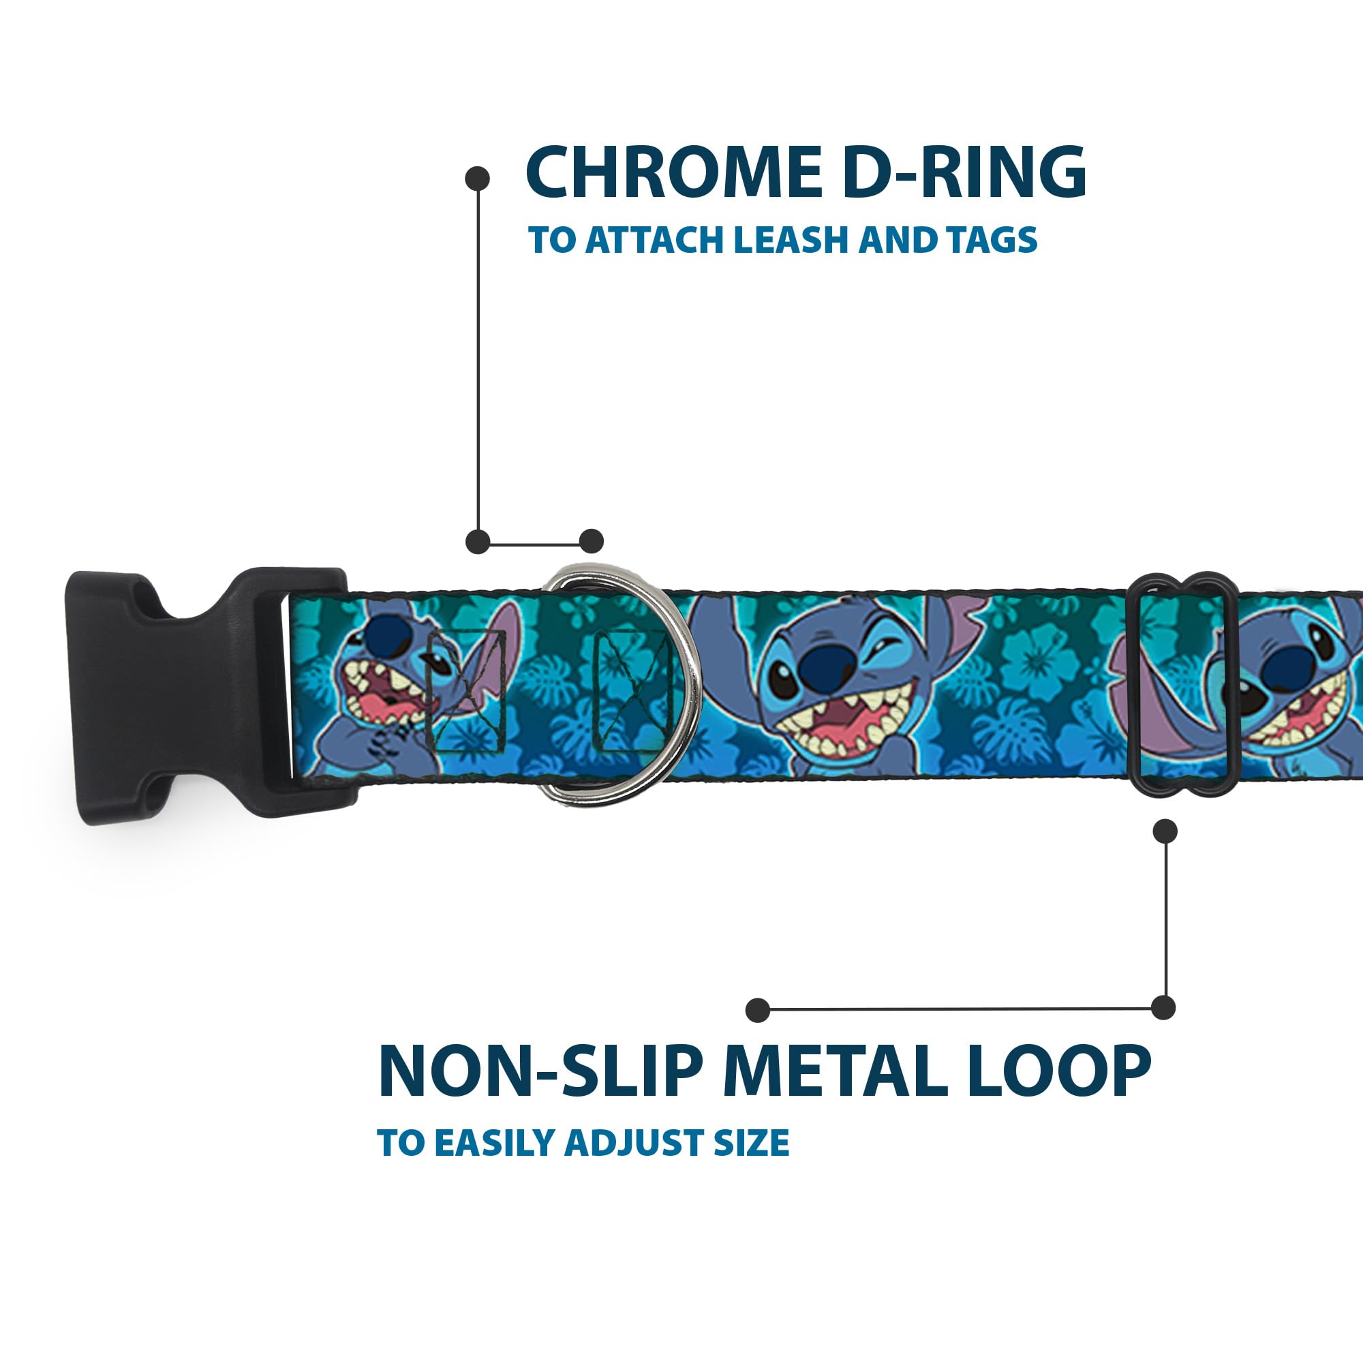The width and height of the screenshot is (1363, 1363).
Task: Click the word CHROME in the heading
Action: (673, 174)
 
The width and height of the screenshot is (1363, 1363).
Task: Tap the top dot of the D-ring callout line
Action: (478, 179)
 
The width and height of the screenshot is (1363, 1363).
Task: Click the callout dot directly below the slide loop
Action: (1165, 831)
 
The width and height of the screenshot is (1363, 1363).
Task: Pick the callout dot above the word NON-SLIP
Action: (758, 1009)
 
